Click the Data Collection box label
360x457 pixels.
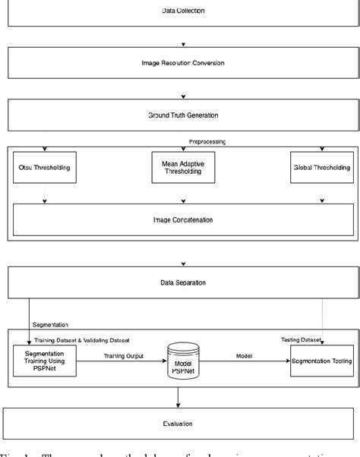pyautogui.click(x=183, y=11)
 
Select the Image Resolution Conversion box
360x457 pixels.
pyautogui.click(x=183, y=63)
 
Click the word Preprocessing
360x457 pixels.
pyautogui.click(x=207, y=141)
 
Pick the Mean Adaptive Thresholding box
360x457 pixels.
pyautogui.click(x=183, y=168)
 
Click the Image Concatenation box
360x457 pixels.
pyautogui.click(x=183, y=220)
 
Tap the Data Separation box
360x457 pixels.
pyautogui.click(x=183, y=282)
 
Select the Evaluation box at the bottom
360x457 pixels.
pyautogui.click(x=183, y=424)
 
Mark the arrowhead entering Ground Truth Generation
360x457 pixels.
pyautogui.click(x=183, y=96)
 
